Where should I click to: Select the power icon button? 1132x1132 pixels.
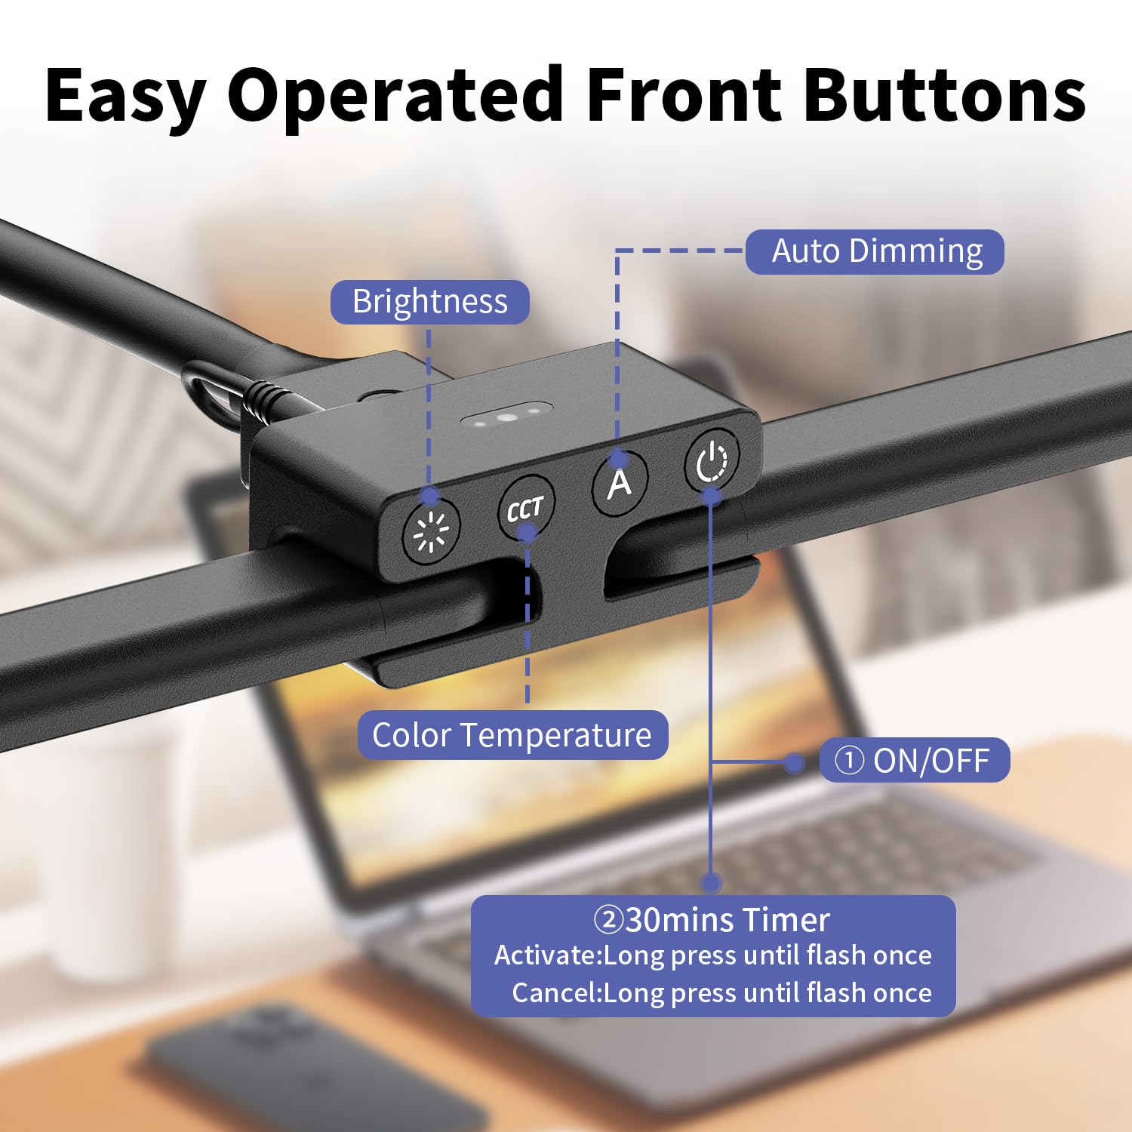(711, 459)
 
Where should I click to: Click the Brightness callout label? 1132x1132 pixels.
(430, 302)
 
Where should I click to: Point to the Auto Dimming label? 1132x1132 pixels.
(875, 252)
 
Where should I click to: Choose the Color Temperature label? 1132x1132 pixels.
(512, 735)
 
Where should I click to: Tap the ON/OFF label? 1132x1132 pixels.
(915, 761)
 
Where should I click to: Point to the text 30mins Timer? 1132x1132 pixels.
(712, 919)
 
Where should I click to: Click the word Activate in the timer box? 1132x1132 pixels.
(546, 955)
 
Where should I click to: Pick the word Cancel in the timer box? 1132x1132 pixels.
(555, 992)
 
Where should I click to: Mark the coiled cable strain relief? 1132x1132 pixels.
(268, 398)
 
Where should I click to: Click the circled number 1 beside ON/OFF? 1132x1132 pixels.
(849, 761)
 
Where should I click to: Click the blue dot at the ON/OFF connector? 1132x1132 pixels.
(794, 763)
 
